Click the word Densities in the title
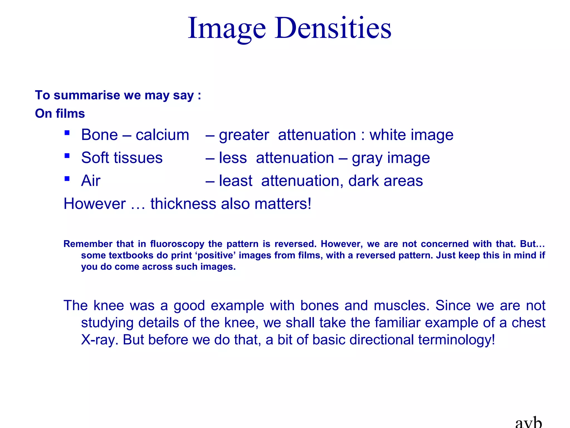click(x=333, y=28)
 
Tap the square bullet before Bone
click(x=67, y=133)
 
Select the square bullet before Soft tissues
click(x=67, y=156)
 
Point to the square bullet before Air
click(x=67, y=179)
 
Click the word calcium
click(x=162, y=135)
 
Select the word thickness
click(x=183, y=204)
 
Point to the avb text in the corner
click(x=528, y=422)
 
